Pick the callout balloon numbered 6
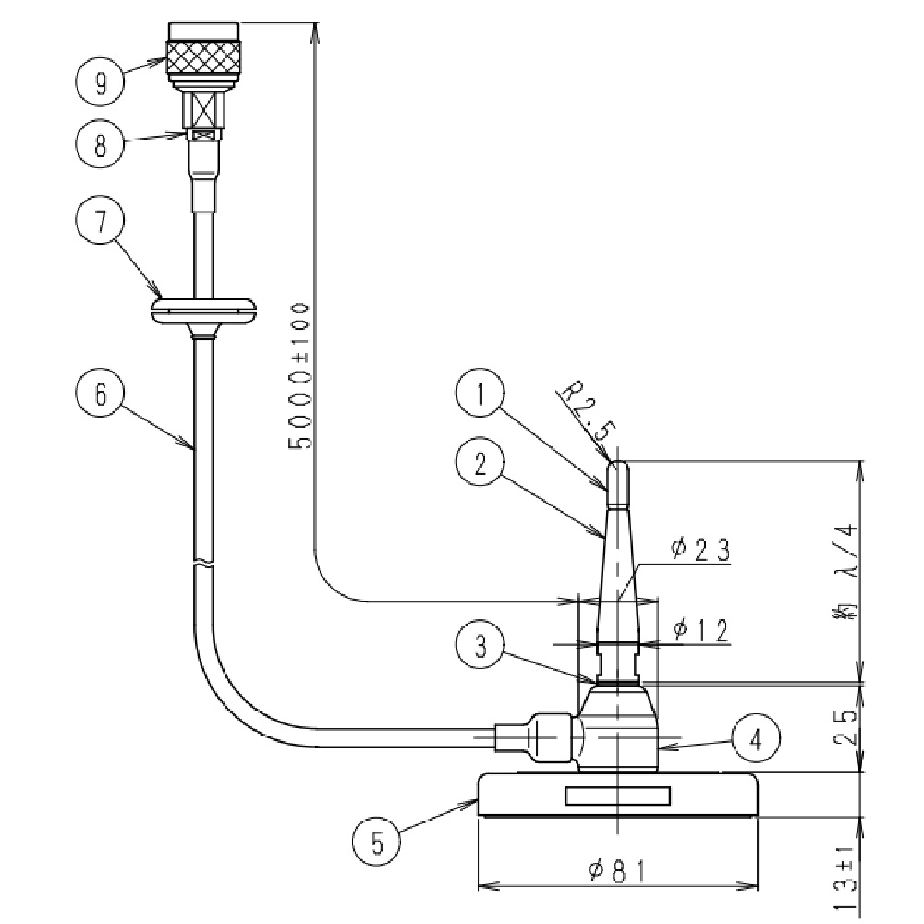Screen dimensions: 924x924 (x=99, y=394)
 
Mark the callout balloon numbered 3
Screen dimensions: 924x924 (x=480, y=646)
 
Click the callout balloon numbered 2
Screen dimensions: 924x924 (x=480, y=466)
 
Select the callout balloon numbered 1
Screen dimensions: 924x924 (x=480, y=395)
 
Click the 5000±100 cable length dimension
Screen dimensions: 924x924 (x=301, y=374)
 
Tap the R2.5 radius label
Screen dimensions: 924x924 (x=585, y=417)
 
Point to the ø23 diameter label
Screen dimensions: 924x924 (x=700, y=552)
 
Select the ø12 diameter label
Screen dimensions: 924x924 (x=700, y=630)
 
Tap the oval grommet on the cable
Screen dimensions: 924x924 (x=204, y=310)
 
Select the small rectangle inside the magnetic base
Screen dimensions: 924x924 (x=617, y=796)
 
